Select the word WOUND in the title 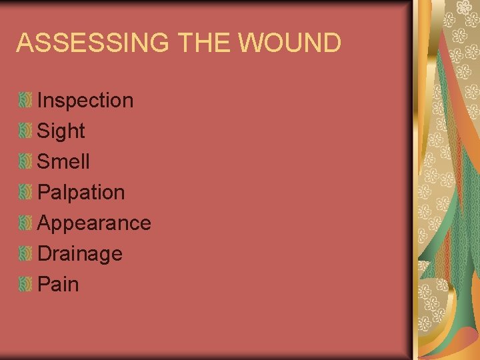289,43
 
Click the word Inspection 85,101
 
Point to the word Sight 61,131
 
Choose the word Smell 63,161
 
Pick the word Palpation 81,193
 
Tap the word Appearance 94,223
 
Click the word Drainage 80,253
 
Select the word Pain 59,284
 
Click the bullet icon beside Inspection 25,101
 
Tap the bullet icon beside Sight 25,132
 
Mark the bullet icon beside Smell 25,162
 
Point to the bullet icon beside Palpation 25,193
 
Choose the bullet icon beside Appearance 25,223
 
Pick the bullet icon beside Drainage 25,254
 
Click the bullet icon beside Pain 25,285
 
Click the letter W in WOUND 250,43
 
